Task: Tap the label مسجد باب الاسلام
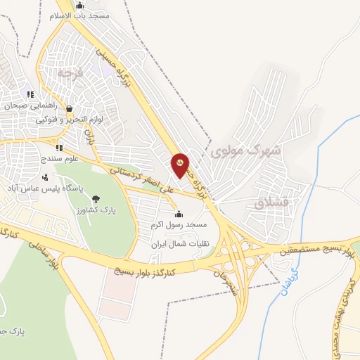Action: [x=79, y=15]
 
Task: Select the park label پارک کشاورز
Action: [x=96, y=210]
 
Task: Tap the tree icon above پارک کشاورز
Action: [x=96, y=199]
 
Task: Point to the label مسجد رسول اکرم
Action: [x=179, y=224]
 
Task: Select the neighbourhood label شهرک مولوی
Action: [x=246, y=150]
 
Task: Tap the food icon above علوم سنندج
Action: [x=58, y=148]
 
